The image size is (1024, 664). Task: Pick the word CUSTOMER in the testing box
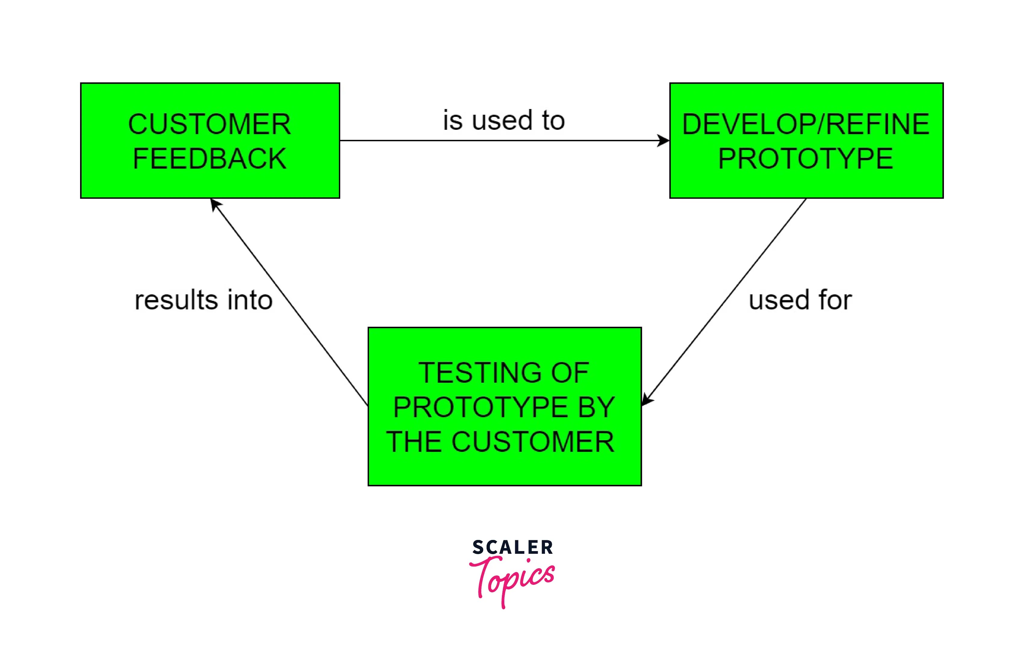click(x=533, y=442)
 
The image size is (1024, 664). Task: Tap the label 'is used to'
click(x=504, y=120)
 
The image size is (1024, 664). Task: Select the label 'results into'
click(x=204, y=300)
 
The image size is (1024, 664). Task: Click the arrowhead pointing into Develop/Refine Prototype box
click(x=664, y=141)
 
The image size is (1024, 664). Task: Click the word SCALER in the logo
click(x=512, y=547)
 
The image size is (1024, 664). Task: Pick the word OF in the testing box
click(x=570, y=373)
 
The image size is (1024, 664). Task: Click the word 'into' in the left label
click(x=250, y=300)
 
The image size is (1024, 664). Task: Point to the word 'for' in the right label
click(x=835, y=300)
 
